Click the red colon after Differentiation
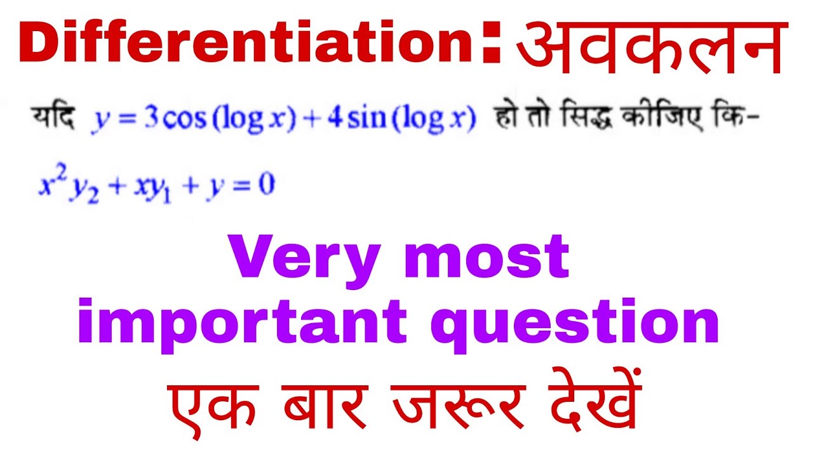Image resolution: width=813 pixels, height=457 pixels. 491,46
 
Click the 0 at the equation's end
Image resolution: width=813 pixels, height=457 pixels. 267,187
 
